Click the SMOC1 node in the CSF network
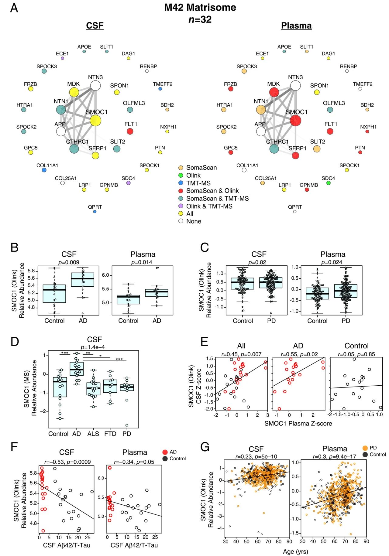(x=95, y=121)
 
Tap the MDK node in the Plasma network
(x=274, y=92)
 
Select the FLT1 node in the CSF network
(x=130, y=131)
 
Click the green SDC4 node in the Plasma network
(x=328, y=183)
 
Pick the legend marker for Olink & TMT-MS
(x=181, y=206)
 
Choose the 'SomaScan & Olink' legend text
(x=212, y=191)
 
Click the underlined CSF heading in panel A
(x=95, y=26)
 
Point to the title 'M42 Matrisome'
(x=200, y=7)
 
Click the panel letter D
(x=15, y=342)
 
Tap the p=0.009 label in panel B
(x=69, y=262)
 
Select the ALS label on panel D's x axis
(x=93, y=434)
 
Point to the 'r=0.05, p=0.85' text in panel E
(x=356, y=354)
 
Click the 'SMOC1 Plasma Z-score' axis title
(x=298, y=423)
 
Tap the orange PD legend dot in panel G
(x=365, y=448)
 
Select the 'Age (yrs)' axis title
(x=295, y=551)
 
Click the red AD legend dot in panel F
(x=165, y=452)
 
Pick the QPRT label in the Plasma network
(x=295, y=207)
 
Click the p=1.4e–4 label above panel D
(x=93, y=347)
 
